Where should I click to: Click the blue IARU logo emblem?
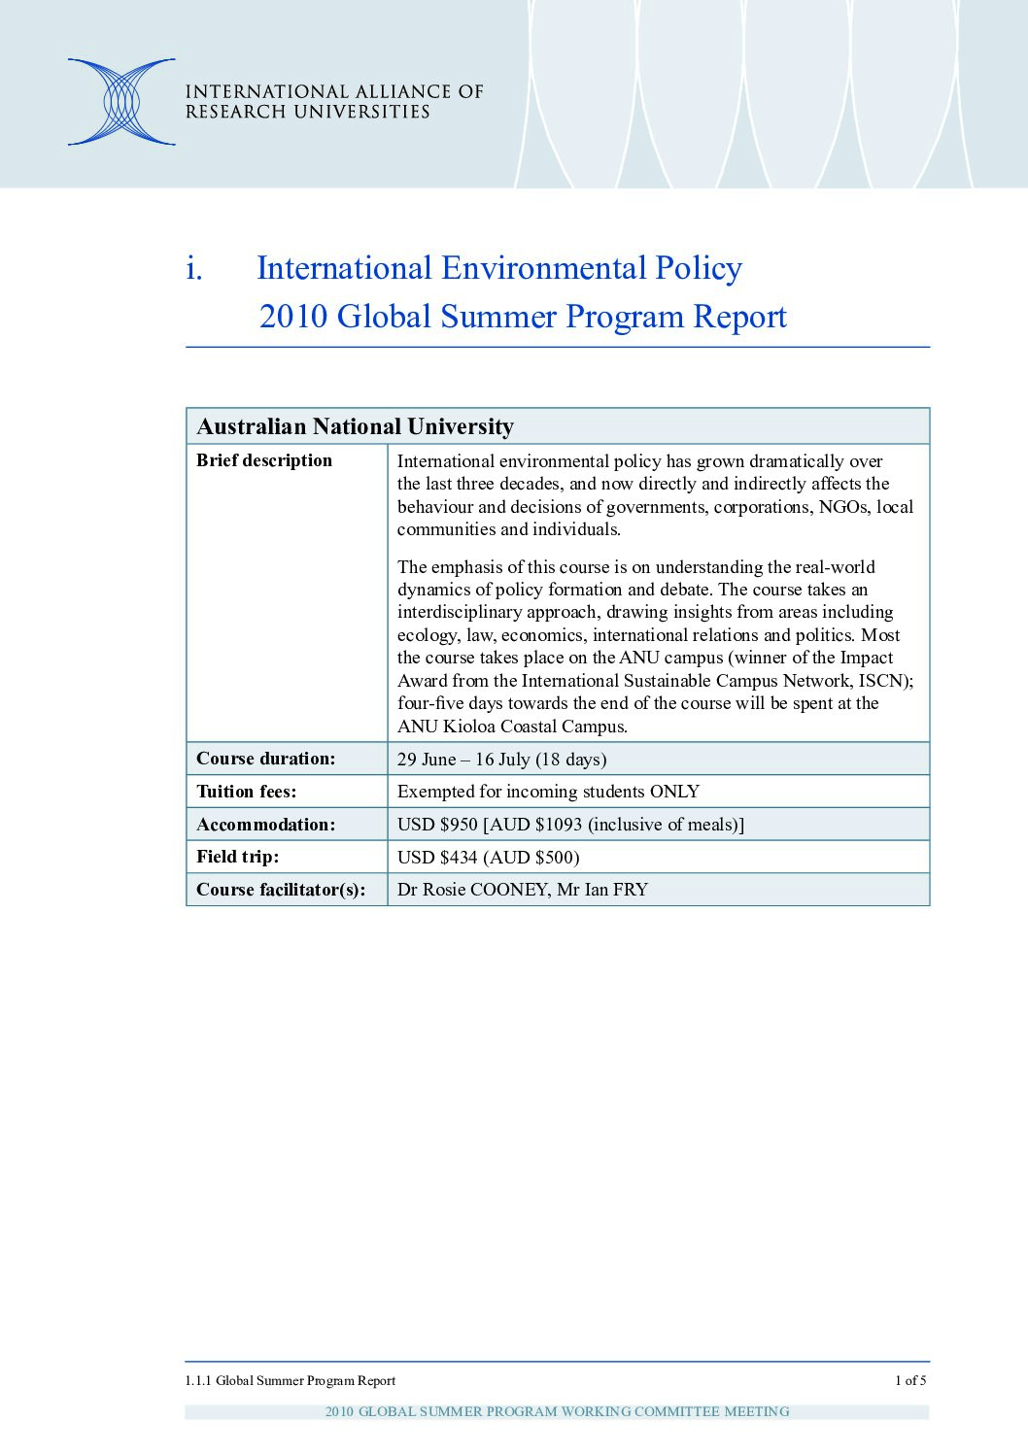(x=121, y=102)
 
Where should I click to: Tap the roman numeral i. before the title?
(x=194, y=268)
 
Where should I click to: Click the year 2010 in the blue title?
(x=293, y=317)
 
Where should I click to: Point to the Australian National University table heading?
(x=355, y=426)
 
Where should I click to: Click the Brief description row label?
(x=264, y=460)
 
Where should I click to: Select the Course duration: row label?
(x=265, y=759)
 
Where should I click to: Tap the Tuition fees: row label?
(x=247, y=792)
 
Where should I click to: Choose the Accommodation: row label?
(x=265, y=825)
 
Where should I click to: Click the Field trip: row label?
(x=237, y=857)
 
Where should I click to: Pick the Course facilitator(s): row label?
(x=281, y=890)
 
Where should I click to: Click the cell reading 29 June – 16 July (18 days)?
(x=501, y=760)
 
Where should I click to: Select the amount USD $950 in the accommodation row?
(x=437, y=825)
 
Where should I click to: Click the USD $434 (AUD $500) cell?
(x=488, y=858)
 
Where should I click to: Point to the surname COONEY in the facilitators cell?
(x=509, y=890)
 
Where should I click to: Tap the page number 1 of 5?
(x=910, y=1380)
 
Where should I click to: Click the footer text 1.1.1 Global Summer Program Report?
(x=290, y=1380)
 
